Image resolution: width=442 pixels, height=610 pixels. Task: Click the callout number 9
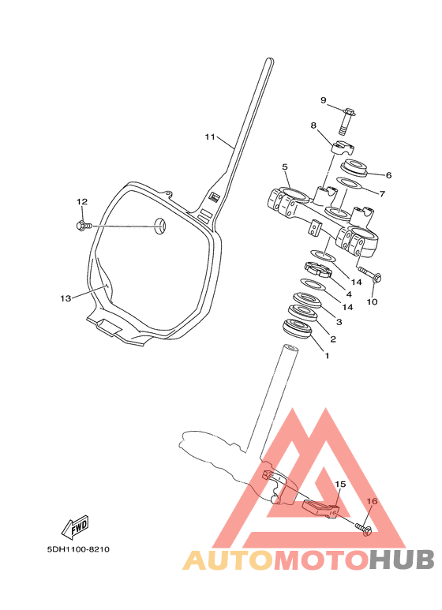click(324, 100)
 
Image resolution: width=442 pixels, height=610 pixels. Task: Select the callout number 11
click(210, 137)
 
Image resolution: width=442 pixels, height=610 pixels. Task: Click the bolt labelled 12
click(84, 225)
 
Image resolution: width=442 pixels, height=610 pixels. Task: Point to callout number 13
click(66, 298)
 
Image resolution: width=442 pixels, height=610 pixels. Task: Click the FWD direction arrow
click(75, 528)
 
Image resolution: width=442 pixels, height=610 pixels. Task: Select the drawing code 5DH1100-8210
click(78, 549)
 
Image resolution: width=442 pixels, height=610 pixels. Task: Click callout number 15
click(340, 485)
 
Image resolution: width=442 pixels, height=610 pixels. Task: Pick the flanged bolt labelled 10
click(369, 274)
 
